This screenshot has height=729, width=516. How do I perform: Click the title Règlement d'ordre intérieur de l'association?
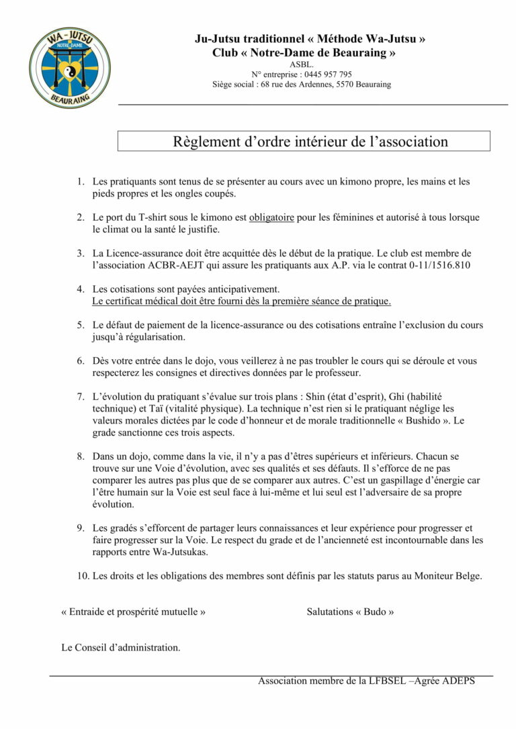(310, 142)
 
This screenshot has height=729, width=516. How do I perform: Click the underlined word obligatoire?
(273, 218)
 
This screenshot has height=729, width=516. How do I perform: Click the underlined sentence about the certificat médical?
(242, 301)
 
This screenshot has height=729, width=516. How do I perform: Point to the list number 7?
(80, 397)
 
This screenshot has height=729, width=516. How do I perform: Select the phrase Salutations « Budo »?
(350, 612)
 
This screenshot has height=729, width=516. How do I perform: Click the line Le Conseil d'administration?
(121, 648)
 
